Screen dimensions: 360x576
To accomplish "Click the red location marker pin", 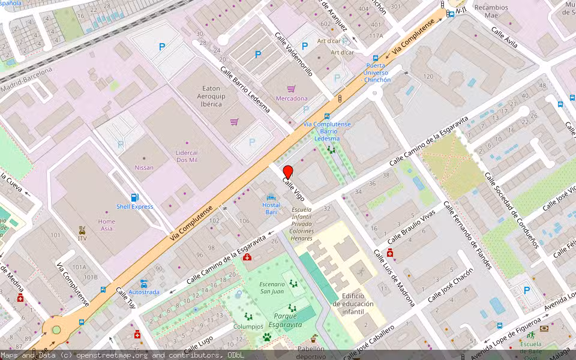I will click(287, 171).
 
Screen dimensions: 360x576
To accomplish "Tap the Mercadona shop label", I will click(292, 98).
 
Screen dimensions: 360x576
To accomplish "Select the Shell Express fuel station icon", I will click(135, 197).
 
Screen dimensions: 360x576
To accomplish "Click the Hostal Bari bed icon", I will click(271, 197).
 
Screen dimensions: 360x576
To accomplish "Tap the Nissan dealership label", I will click(144, 167).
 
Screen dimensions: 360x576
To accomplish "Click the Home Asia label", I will click(107, 225).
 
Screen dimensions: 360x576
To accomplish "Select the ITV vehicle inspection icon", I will click(82, 230).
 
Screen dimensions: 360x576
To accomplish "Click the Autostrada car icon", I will click(144, 283).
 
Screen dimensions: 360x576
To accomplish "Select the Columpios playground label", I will click(248, 326).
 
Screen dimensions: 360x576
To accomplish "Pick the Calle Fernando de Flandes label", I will click(467, 235).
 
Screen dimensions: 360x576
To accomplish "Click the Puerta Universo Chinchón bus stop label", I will click(377, 73).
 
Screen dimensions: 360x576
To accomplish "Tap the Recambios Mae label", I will click(491, 12).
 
